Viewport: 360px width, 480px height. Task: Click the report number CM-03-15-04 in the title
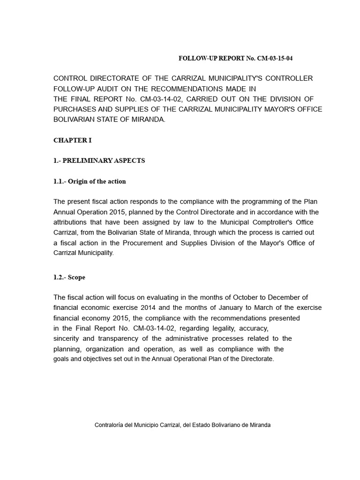[x=277, y=58]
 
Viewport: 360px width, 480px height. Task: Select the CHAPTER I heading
[x=72, y=140]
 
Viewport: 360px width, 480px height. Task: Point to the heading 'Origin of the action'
[x=97, y=181]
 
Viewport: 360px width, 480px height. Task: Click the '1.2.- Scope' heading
[x=69, y=277]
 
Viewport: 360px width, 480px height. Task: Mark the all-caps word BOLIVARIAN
[x=74, y=120]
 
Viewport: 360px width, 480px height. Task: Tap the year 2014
[x=150, y=307]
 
